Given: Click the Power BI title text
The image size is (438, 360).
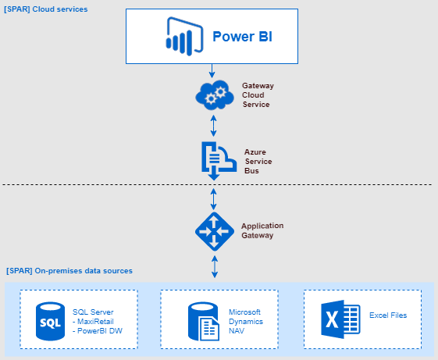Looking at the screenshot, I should click(242, 36).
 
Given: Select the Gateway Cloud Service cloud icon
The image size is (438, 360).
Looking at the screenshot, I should click(213, 95).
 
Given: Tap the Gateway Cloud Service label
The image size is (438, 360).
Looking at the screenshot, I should click(258, 94).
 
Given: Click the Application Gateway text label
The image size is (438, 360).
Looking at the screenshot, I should click(262, 229).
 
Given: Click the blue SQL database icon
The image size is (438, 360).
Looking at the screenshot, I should click(48, 321).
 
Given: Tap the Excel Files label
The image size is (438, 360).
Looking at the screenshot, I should click(389, 315).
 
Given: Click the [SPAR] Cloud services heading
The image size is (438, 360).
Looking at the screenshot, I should click(46, 9).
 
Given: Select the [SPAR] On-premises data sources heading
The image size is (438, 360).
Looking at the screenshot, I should click(69, 271).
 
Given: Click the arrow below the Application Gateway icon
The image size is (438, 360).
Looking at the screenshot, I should click(214, 266).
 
